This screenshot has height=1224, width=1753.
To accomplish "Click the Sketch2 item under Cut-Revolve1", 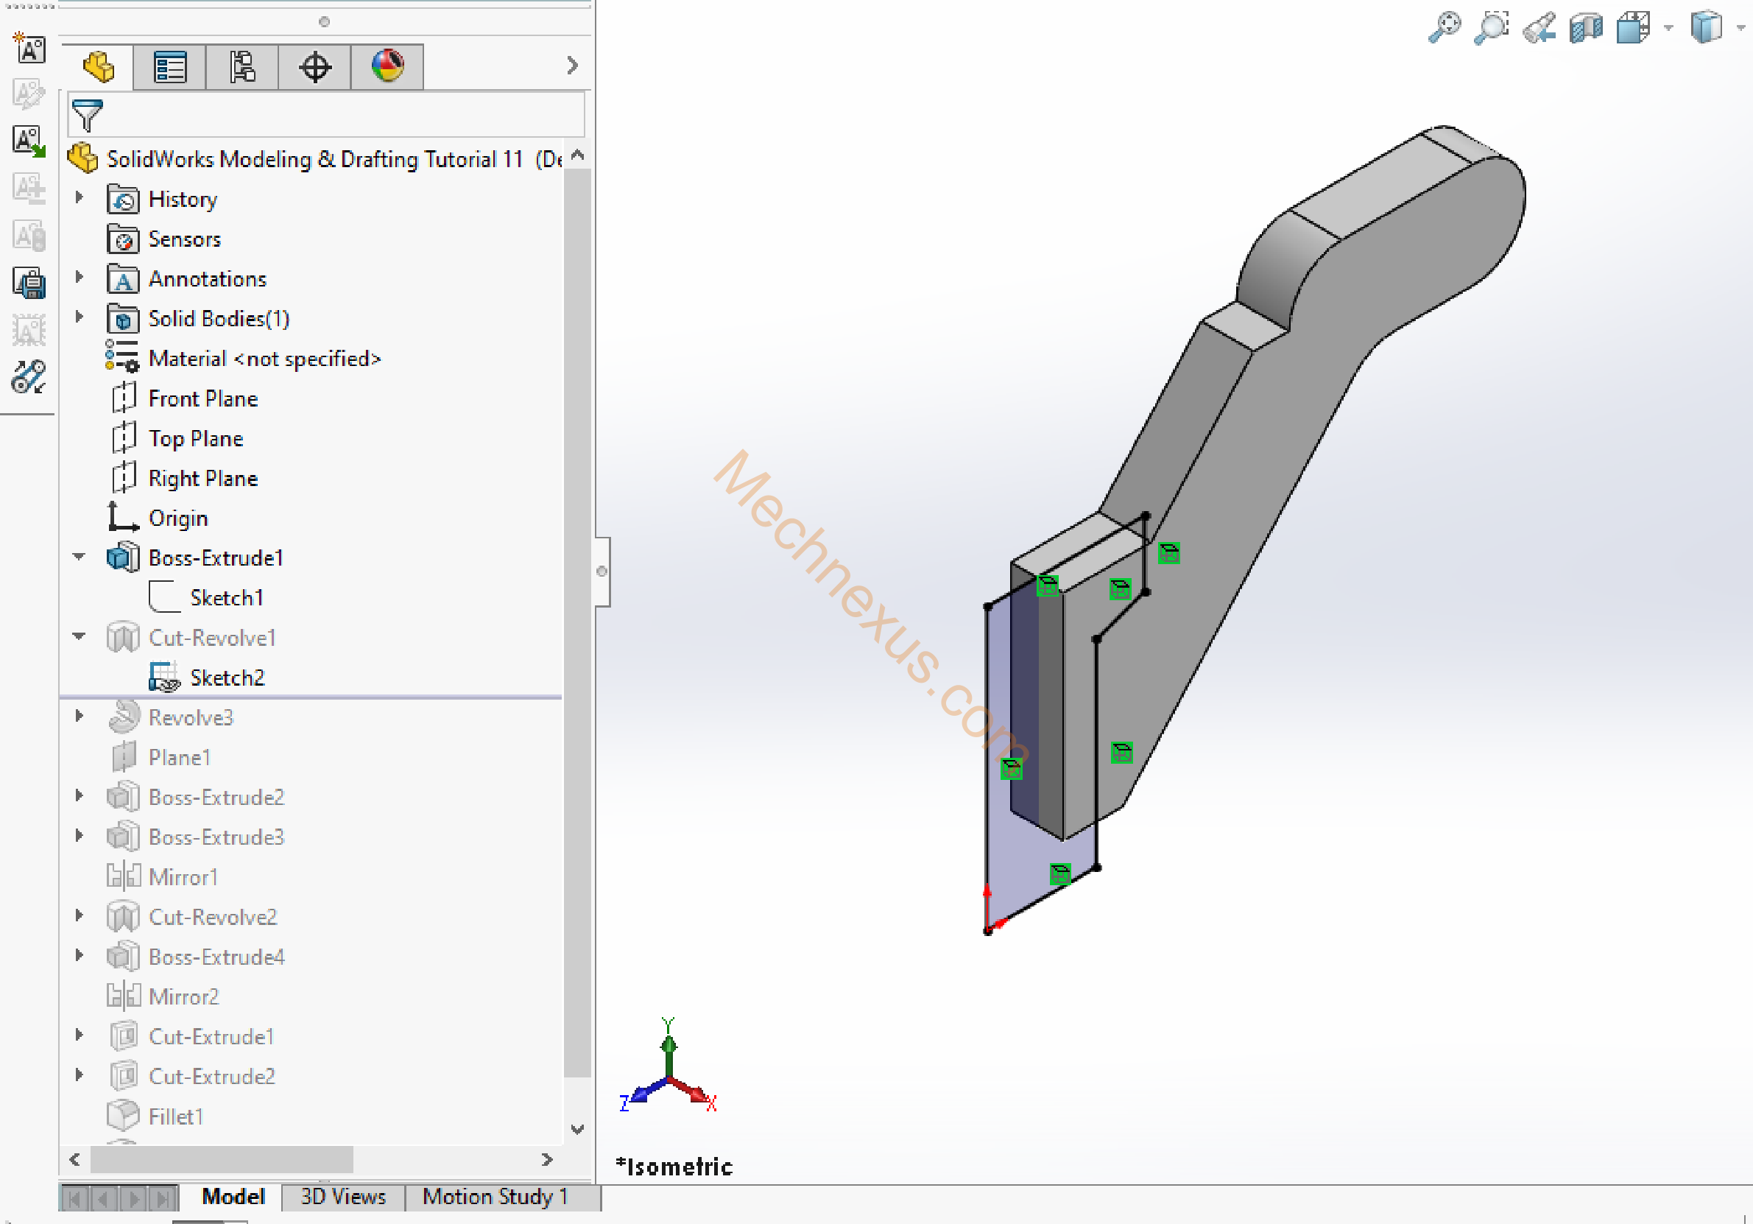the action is click(227, 678).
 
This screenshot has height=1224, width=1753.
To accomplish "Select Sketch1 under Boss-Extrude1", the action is click(227, 598).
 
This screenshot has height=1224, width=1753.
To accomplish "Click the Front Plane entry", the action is click(203, 398).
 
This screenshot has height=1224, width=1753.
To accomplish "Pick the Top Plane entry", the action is click(195, 438).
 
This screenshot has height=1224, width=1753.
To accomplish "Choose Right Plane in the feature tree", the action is click(203, 478).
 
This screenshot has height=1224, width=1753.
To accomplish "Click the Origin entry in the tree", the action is click(178, 518).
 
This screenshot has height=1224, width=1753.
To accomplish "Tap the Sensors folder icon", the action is click(123, 239).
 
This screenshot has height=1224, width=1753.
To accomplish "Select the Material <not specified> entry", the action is click(264, 359).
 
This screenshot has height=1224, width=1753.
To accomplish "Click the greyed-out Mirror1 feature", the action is click(183, 877).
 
